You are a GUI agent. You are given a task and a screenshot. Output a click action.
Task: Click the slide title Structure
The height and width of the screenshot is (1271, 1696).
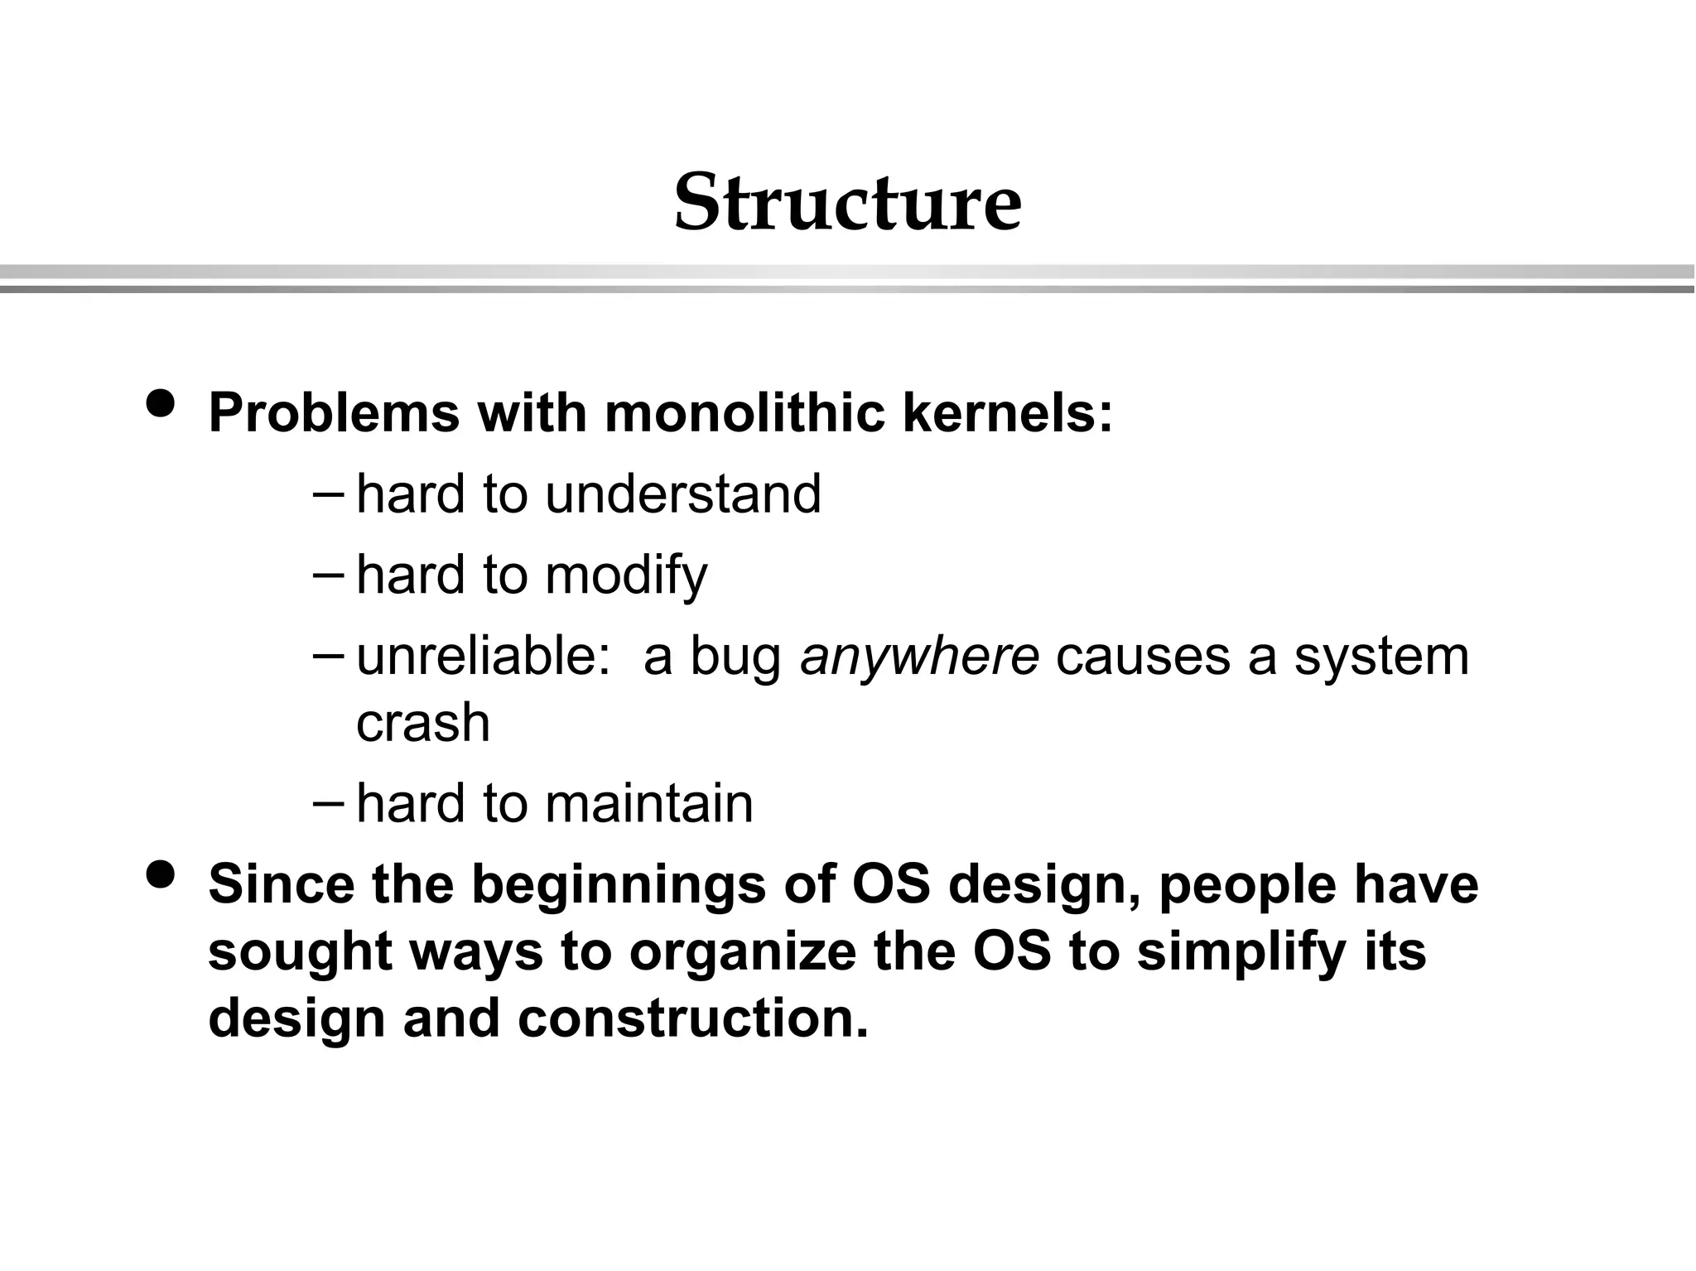point(847,203)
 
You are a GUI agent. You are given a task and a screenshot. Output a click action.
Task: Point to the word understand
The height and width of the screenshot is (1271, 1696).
point(683,494)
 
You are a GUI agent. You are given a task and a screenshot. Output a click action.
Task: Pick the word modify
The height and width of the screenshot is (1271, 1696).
point(626,575)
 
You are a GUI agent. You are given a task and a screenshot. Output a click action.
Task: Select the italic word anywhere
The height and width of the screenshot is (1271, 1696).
point(919,656)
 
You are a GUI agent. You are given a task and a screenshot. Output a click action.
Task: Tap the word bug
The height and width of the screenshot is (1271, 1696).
point(735,656)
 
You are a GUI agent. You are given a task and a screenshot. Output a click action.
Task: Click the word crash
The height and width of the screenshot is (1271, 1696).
point(423,722)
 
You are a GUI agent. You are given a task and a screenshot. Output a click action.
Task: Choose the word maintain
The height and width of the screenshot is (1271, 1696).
point(648,803)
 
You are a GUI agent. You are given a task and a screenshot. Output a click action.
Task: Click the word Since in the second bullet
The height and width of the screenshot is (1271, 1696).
point(281,883)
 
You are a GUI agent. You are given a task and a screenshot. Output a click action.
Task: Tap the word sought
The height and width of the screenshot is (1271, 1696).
point(299,951)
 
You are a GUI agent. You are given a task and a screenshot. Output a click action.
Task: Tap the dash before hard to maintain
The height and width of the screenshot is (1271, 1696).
point(330,802)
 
